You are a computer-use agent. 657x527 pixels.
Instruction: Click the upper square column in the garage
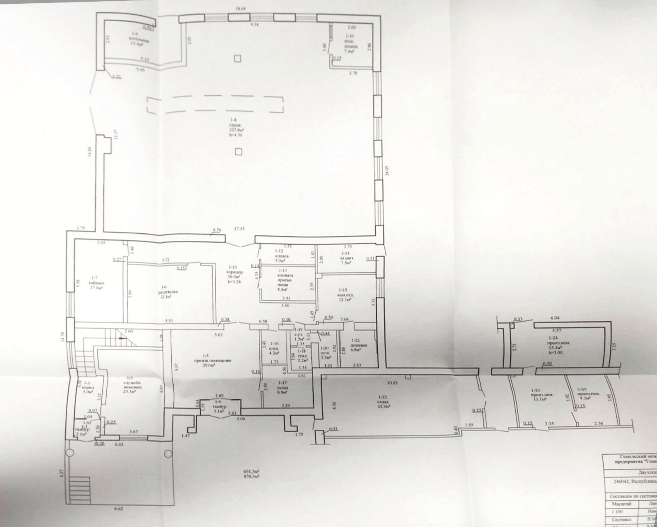tap(238, 58)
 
